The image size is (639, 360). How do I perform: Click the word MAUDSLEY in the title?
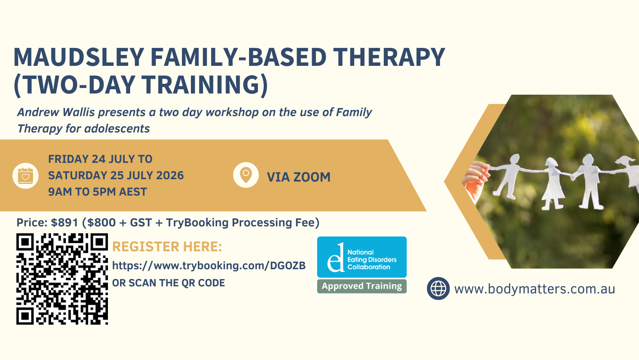(x=79, y=57)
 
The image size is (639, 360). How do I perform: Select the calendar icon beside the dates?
(x=25, y=176)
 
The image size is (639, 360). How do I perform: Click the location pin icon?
(x=246, y=175)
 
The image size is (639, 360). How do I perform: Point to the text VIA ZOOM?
(x=299, y=177)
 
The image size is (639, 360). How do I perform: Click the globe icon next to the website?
(x=438, y=288)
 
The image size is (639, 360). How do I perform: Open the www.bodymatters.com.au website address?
(x=535, y=289)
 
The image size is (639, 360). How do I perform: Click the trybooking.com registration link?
(x=209, y=266)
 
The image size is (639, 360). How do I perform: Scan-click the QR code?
(x=62, y=279)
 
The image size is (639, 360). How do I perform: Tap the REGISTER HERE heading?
(x=167, y=247)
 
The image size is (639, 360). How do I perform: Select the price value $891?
(x=64, y=222)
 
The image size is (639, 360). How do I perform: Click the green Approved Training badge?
(x=362, y=286)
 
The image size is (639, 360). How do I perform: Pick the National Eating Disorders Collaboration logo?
(x=362, y=257)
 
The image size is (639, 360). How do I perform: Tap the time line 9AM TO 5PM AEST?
(x=97, y=192)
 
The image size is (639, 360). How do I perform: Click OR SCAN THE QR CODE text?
(x=169, y=283)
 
